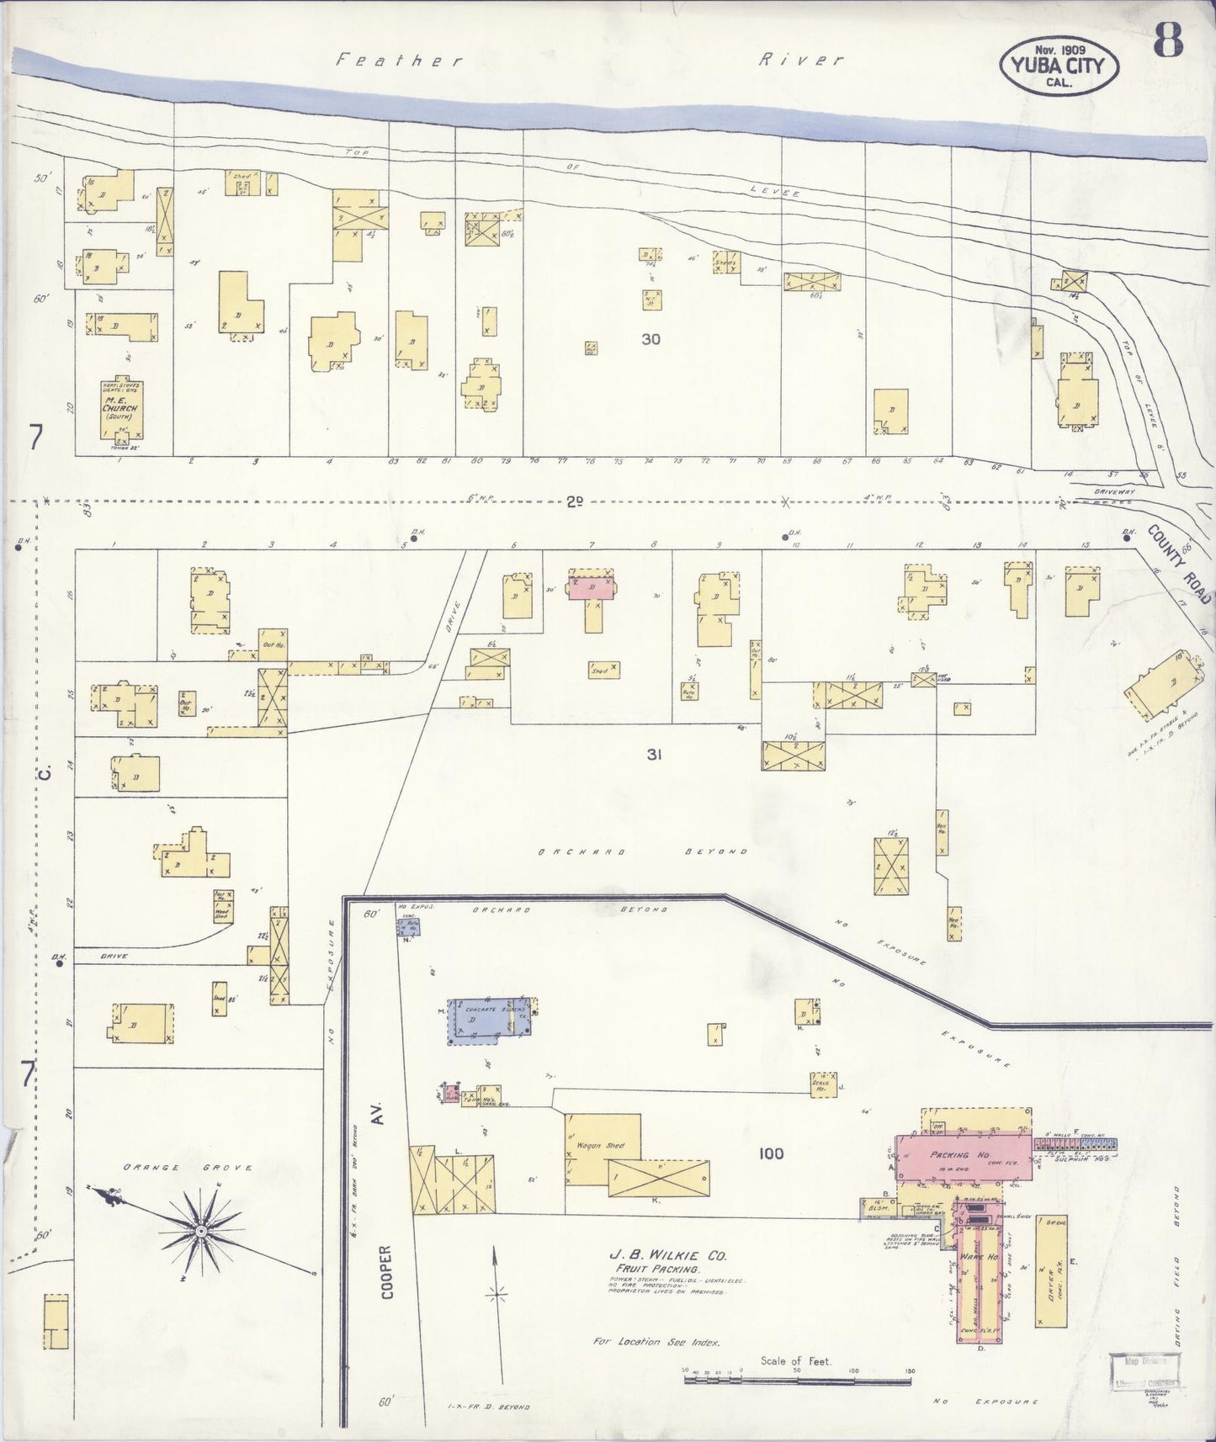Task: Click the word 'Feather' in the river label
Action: click(x=399, y=60)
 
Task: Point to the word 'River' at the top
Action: click(x=800, y=60)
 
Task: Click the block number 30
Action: click(x=650, y=340)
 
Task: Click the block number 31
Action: click(x=654, y=755)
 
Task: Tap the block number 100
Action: click(x=771, y=1153)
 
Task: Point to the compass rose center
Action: click(x=201, y=1233)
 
